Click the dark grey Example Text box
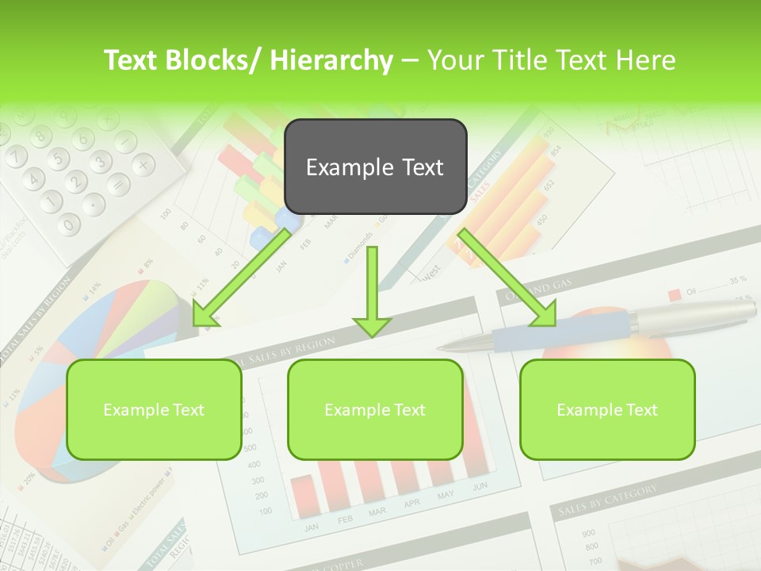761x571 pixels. (x=375, y=167)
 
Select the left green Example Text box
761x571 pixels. (x=154, y=409)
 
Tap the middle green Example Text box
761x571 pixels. (x=375, y=409)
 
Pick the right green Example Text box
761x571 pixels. (x=607, y=409)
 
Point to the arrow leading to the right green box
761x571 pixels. (x=507, y=278)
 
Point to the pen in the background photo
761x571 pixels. (x=602, y=326)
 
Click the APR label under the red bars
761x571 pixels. (x=412, y=504)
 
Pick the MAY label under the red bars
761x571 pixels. (x=446, y=496)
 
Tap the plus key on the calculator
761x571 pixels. (x=142, y=164)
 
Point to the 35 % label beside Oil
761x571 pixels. (x=738, y=280)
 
